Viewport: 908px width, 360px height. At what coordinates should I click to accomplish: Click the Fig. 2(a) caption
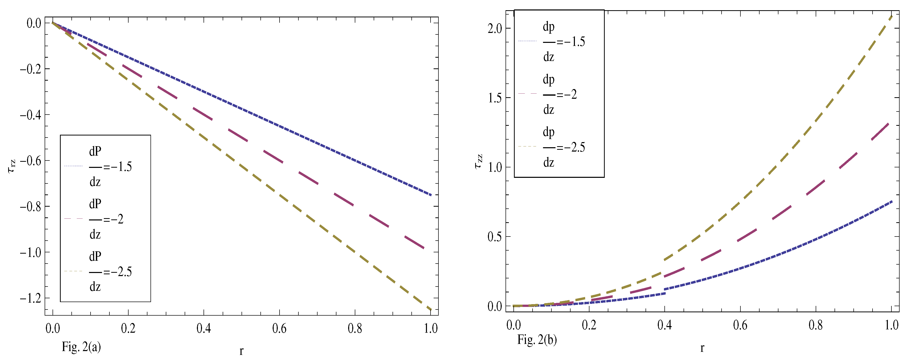coord(81,347)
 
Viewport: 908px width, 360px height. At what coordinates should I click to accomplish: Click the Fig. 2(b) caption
coord(537,340)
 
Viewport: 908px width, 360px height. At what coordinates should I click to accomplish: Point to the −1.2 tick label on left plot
coord(30,298)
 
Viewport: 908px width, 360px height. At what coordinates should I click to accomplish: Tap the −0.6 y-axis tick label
coord(30,161)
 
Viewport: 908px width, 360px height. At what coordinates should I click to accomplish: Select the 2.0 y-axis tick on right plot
coord(495,29)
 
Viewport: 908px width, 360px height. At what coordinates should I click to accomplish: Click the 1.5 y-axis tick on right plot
coord(495,98)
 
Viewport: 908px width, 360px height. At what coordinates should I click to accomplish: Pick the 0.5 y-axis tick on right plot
coord(495,237)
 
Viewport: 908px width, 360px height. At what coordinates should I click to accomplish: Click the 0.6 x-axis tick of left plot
coord(279,329)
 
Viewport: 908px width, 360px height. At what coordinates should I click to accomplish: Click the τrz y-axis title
coord(12,166)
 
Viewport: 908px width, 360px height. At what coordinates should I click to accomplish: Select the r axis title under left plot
coord(242,351)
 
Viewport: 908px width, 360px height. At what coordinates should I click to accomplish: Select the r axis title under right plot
coord(702,348)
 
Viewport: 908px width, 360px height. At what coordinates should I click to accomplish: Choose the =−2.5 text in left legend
coord(117,272)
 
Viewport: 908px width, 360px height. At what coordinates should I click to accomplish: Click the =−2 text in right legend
coord(566,94)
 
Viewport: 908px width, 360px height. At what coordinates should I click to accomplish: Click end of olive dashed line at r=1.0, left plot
coord(430,309)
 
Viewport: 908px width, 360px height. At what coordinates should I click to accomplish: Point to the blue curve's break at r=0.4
coord(665,291)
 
